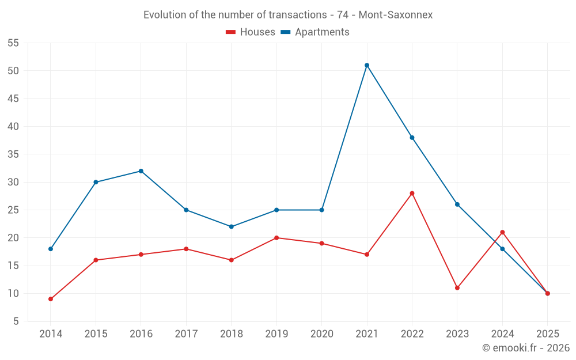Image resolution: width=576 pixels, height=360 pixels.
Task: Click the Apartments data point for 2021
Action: [367, 65]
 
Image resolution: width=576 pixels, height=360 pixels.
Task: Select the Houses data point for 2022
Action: [412, 193]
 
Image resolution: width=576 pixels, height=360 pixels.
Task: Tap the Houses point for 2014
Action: [51, 299]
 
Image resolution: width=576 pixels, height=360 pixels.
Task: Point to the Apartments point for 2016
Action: [141, 171]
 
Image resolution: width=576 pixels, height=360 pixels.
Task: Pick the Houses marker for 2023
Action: [457, 288]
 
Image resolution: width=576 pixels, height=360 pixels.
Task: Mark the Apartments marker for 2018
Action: [232, 226]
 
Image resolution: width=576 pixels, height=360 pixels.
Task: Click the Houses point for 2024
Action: [502, 232]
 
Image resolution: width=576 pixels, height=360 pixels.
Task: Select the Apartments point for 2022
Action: [412, 138]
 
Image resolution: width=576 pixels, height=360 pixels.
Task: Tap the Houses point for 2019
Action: [276, 238]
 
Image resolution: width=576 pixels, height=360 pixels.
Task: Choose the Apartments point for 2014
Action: [51, 249]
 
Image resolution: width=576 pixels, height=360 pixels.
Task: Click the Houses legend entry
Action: [251, 32]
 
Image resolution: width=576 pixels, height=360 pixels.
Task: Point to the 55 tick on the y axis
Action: [13, 43]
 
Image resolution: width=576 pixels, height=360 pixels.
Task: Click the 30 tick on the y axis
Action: [13, 182]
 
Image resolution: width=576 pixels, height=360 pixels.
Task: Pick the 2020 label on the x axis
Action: [321, 334]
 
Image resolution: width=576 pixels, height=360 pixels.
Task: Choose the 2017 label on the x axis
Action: [186, 334]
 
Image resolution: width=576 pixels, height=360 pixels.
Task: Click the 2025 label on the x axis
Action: [547, 334]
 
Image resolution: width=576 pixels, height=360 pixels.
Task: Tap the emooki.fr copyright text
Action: [526, 348]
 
